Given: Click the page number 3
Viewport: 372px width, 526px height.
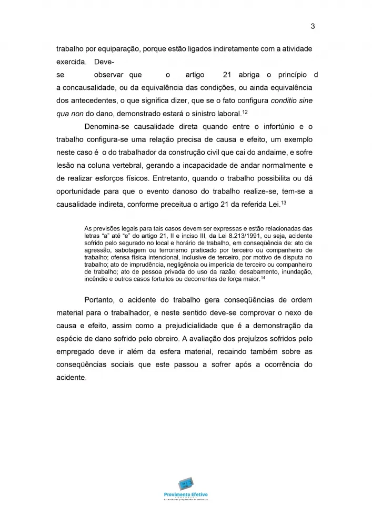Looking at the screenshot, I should [313, 26].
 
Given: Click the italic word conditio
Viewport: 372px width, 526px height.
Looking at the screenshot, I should [287, 100].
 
